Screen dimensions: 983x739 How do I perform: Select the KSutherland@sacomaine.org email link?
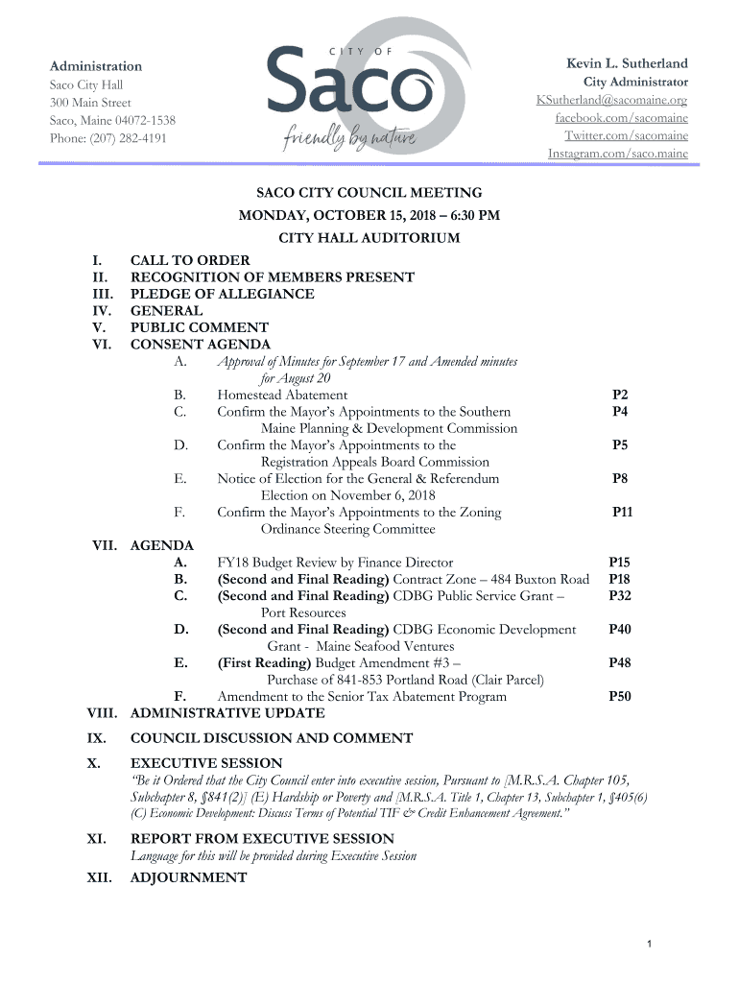coord(611,101)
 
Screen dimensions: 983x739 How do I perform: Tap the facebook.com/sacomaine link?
coord(621,118)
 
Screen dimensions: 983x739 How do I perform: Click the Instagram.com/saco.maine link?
coord(617,154)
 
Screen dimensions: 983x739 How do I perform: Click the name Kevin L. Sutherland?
coord(627,63)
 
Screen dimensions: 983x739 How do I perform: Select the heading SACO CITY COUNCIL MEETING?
coord(369,194)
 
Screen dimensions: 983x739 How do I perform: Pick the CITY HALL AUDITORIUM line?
coord(369,238)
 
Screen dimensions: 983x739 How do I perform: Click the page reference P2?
coord(620,395)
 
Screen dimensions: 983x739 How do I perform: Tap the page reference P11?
coord(622,513)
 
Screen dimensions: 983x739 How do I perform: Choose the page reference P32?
coord(619,596)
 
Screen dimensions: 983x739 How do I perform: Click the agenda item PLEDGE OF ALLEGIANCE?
coord(222,294)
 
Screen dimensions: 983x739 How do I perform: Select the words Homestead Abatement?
coord(282,395)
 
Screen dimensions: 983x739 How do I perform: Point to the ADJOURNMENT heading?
coord(188,877)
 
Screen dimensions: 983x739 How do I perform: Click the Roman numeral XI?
coord(96,839)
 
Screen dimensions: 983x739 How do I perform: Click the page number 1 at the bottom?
coord(650,947)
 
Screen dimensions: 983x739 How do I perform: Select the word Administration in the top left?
coord(96,66)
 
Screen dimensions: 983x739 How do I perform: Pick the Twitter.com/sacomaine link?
coord(626,136)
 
